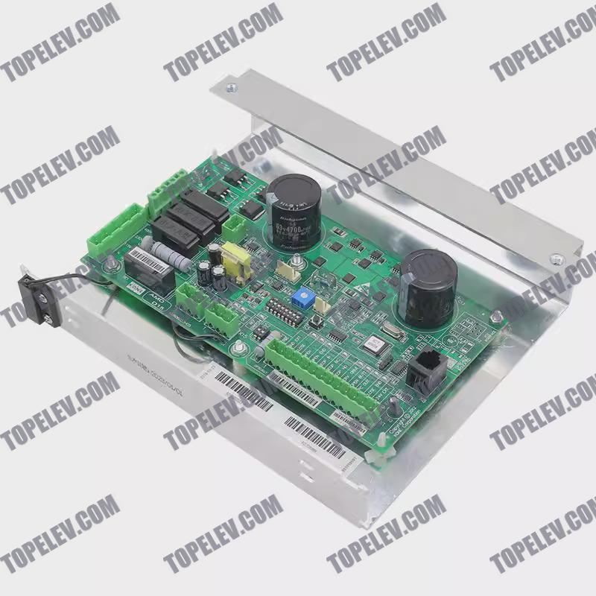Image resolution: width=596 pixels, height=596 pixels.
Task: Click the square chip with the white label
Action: tap(372, 344)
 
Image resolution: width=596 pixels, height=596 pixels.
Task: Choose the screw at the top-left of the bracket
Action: tap(231, 87)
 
